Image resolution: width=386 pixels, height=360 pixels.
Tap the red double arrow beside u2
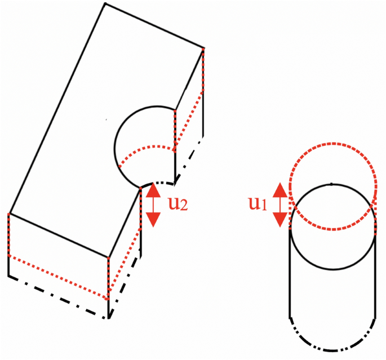click(x=153, y=205)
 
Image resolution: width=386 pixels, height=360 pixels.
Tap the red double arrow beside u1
click(x=280, y=204)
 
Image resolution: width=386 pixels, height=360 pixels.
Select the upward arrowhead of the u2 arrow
click(x=153, y=190)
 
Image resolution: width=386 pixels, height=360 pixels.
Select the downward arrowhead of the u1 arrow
click(x=280, y=220)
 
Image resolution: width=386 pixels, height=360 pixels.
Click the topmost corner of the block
click(x=105, y=4)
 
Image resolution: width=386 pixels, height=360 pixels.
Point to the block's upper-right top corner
click(x=203, y=47)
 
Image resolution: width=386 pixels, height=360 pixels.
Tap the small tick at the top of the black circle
click(x=332, y=183)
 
